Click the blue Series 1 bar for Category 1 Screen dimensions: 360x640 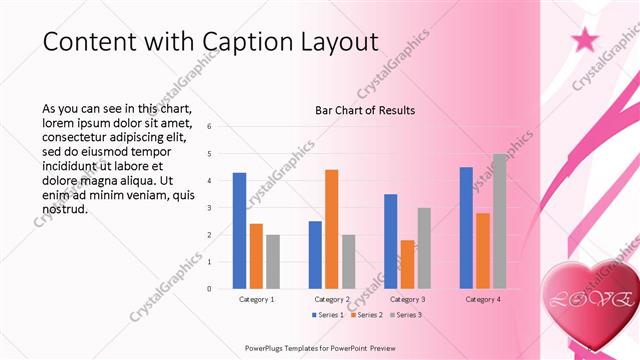(239, 231)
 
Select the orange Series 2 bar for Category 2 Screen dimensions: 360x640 (332, 229)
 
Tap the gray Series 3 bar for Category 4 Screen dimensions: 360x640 (499, 221)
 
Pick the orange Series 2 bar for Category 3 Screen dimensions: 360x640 (408, 264)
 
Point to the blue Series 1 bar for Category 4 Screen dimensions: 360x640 (466, 228)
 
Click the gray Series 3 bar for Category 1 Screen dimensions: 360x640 (273, 262)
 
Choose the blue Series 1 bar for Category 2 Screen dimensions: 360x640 (315, 255)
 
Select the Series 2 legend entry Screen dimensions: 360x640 (365, 315)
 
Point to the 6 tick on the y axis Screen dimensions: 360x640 (210, 127)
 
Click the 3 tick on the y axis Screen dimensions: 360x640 (210, 208)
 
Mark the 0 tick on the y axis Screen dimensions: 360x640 (210, 289)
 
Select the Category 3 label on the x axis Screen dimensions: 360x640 (408, 299)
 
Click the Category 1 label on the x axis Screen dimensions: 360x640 (256, 299)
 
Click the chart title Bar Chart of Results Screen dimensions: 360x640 (365, 110)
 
